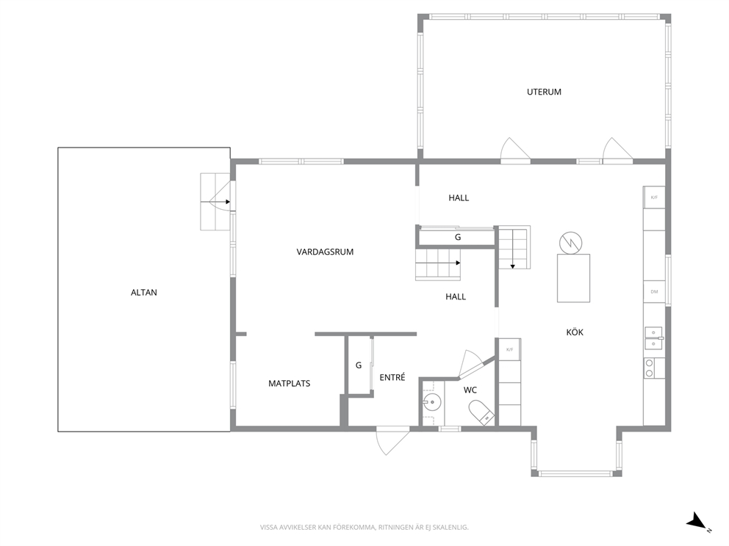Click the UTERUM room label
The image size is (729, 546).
pyautogui.click(x=544, y=92)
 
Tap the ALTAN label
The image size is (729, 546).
pyautogui.click(x=143, y=293)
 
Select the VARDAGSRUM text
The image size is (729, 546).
pyautogui.click(x=325, y=252)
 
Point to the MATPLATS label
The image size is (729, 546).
pyautogui.click(x=290, y=384)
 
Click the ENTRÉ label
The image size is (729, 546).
pyautogui.click(x=392, y=377)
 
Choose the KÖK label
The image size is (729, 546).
pyautogui.click(x=575, y=332)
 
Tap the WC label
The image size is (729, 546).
pyautogui.click(x=470, y=390)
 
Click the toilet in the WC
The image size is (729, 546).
pyautogui.click(x=481, y=412)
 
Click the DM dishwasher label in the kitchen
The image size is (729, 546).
pyautogui.click(x=654, y=292)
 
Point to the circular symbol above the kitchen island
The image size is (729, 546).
pyautogui.click(x=570, y=244)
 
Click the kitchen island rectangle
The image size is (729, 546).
pyautogui.click(x=574, y=278)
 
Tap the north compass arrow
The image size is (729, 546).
pyautogui.click(x=697, y=521)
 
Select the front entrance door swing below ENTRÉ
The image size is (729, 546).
pyautogui.click(x=393, y=440)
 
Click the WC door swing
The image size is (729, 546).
pyautogui.click(x=472, y=363)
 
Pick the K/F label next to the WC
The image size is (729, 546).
pyautogui.click(x=509, y=349)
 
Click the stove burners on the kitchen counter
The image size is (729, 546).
pyautogui.click(x=649, y=368)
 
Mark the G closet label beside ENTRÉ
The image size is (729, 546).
pyautogui.click(x=359, y=365)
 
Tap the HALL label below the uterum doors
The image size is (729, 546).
pyautogui.click(x=459, y=198)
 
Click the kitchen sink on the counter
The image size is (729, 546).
pyautogui.click(x=654, y=338)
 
